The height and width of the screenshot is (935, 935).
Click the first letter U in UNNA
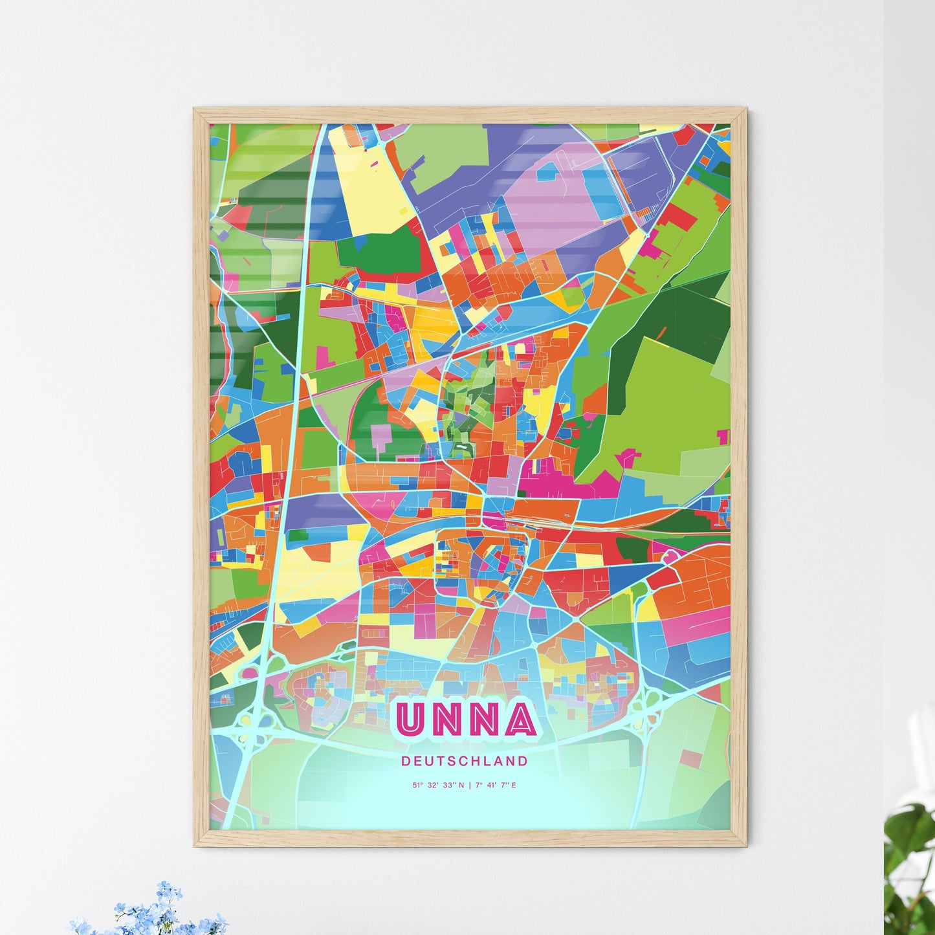coord(410,720)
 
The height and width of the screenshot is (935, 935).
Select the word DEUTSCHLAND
coord(464,761)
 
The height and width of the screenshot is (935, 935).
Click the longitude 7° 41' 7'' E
coord(496,786)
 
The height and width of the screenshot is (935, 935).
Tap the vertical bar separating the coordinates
coord(470,786)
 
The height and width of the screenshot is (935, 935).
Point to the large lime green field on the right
coord(673,401)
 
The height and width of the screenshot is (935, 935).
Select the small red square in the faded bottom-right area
coord(691,758)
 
